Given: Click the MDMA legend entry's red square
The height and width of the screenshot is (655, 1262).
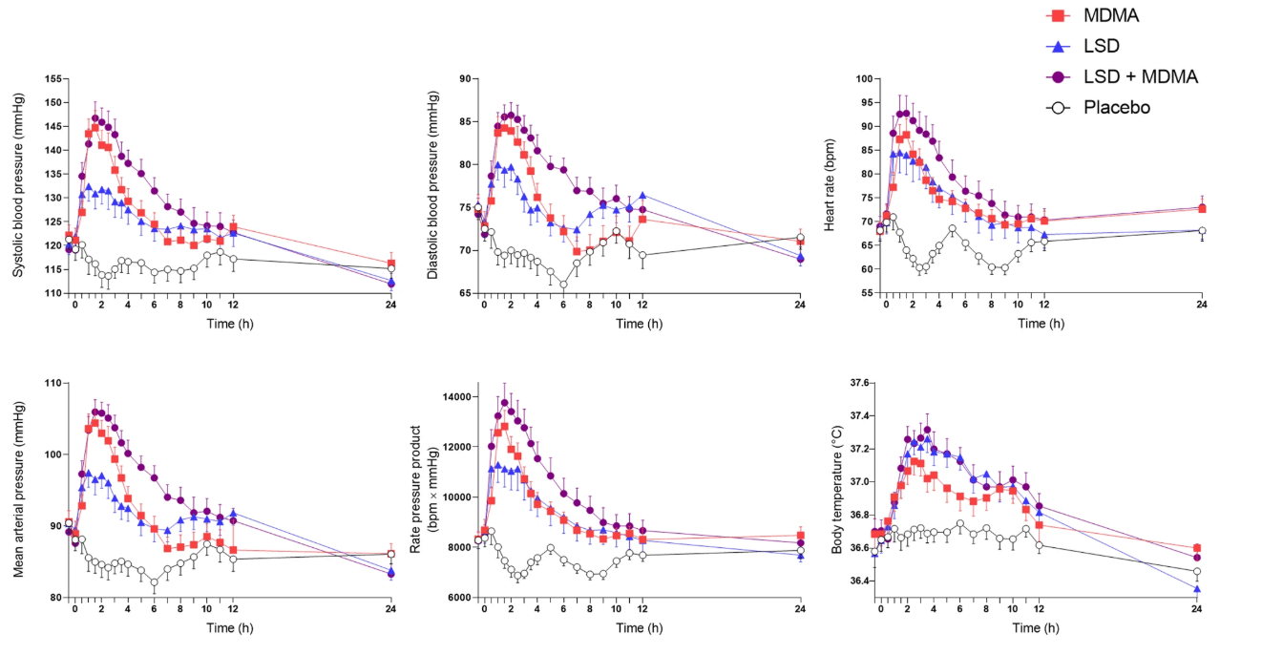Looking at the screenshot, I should (x=1057, y=16).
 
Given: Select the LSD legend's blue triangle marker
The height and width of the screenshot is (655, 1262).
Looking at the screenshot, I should (x=1057, y=46).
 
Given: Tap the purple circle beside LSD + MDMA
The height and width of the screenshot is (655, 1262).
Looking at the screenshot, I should (x=1057, y=76).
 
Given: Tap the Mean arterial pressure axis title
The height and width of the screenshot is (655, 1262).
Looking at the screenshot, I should (x=18, y=490).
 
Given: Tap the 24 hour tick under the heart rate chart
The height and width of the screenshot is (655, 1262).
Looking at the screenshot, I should (x=1201, y=306).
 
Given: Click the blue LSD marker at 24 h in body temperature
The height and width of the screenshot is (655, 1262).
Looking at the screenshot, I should (x=1197, y=589).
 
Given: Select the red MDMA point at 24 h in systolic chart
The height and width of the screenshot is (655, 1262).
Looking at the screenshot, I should (x=390, y=264).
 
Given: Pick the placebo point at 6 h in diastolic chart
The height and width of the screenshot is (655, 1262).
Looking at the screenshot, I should (x=563, y=285).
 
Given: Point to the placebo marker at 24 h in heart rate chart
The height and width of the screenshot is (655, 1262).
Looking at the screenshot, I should (x=1201, y=230).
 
